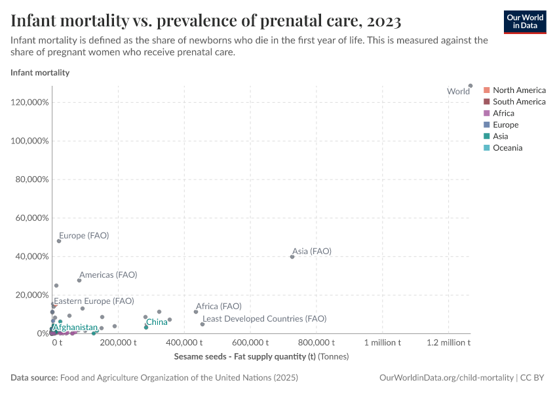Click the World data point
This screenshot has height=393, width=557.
click(x=471, y=86)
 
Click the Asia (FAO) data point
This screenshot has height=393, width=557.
click(x=292, y=257)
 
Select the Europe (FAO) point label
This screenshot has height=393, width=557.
click(x=84, y=235)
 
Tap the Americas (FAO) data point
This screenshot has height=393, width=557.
click(x=79, y=280)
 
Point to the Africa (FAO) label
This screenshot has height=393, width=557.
click(x=219, y=306)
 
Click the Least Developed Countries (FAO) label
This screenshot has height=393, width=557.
click(x=264, y=318)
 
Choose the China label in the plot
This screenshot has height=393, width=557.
click(x=157, y=322)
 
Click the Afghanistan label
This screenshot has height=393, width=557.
click(x=75, y=327)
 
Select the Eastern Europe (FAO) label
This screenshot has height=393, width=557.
click(x=94, y=301)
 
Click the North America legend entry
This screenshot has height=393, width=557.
click(x=519, y=90)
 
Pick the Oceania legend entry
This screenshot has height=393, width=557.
click(x=507, y=148)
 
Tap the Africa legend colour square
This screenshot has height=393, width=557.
click(x=487, y=113)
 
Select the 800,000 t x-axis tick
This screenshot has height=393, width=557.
click(x=317, y=343)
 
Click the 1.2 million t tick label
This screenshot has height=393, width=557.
click(x=448, y=343)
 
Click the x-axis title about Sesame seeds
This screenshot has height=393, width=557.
click(x=261, y=357)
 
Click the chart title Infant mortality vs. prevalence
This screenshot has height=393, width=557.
click(x=206, y=21)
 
